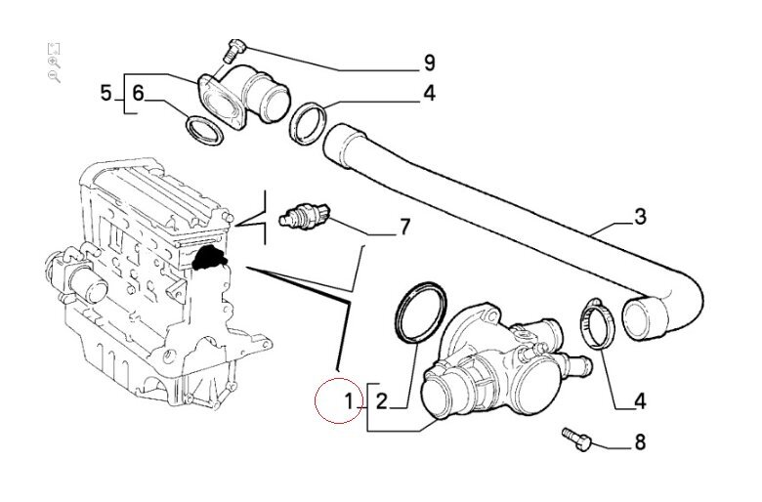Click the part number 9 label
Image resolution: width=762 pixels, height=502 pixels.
click(429, 64)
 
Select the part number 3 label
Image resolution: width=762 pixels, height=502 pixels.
click(640, 217)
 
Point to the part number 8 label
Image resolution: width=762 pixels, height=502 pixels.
click(640, 443)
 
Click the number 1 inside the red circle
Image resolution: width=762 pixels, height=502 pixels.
click(347, 399)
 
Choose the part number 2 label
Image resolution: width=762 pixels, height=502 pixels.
click(383, 399)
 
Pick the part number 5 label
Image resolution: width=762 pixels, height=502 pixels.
click(106, 94)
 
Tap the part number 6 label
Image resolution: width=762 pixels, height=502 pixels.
click(138, 94)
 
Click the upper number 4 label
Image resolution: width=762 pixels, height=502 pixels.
click(429, 95)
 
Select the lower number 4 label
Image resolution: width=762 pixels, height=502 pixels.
click(640, 399)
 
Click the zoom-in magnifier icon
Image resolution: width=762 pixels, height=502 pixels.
click(54, 62)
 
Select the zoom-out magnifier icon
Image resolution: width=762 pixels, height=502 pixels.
click(54, 76)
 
